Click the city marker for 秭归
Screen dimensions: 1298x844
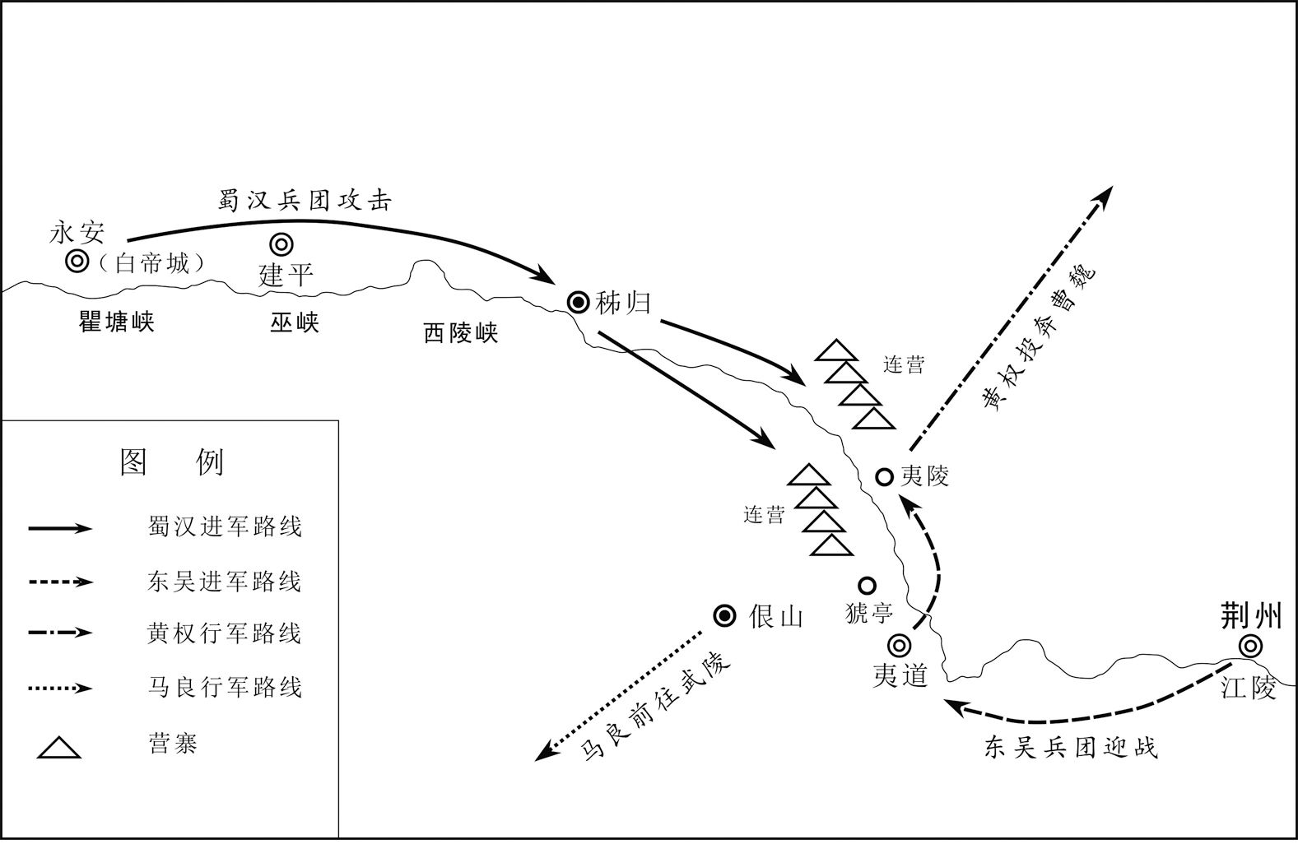point(578,302)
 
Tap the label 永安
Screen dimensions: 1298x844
point(77,233)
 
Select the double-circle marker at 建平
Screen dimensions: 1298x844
point(282,244)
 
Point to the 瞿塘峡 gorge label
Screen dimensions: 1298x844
point(117,322)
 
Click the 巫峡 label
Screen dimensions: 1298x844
point(295,322)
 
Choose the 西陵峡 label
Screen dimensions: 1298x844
point(461,333)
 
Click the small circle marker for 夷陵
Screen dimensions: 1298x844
point(884,477)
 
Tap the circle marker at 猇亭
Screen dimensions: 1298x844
point(867,586)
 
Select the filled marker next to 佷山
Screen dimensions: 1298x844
point(724,616)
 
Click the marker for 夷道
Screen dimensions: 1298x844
point(900,645)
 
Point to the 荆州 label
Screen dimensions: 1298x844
point(1250,615)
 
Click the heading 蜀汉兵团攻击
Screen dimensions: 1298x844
point(305,201)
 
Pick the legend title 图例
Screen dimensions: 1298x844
point(171,461)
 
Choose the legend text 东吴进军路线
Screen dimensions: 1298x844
point(224,581)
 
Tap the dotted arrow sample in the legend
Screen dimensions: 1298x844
point(61,689)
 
